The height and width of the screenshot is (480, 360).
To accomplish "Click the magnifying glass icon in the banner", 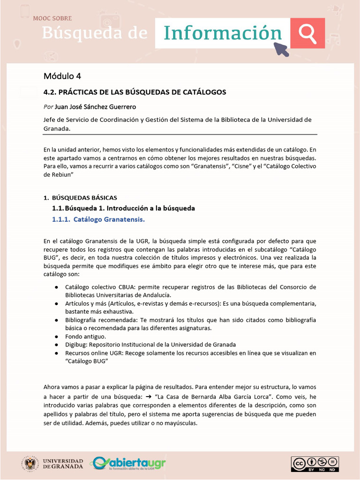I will pyautogui.click(x=307, y=33).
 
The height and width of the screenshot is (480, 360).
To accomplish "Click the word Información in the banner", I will pyautogui.click(x=223, y=33).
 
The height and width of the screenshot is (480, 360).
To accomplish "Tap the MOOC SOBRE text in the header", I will pyautogui.click(x=52, y=18).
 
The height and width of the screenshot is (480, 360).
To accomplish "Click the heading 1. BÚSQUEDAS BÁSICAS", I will pyautogui.click(x=80, y=198).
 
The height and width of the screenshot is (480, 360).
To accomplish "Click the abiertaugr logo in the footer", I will pyautogui.click(x=128, y=464).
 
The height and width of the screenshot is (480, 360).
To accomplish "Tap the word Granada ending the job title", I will pyautogui.click(x=57, y=128).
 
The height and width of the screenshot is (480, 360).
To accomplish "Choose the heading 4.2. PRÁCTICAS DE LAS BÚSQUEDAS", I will pyautogui.click(x=135, y=92).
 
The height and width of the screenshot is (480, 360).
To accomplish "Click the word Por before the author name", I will pyautogui.click(x=48, y=107).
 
